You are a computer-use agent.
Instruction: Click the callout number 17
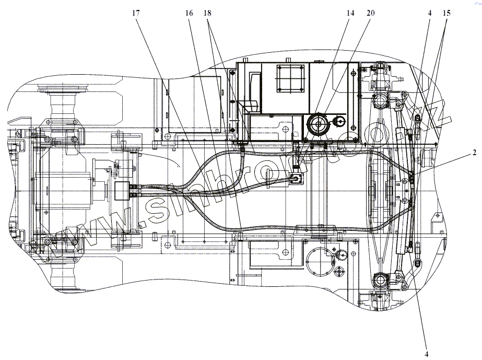[136, 13]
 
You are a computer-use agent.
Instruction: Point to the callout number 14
[349, 13]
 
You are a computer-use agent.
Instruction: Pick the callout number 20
[370, 13]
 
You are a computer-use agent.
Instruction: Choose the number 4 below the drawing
[427, 354]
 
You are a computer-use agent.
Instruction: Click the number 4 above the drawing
[429, 13]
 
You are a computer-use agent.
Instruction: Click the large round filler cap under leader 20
[316, 125]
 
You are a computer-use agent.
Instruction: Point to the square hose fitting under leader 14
[296, 179]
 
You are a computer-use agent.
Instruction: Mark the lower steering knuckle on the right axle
[380, 282]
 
